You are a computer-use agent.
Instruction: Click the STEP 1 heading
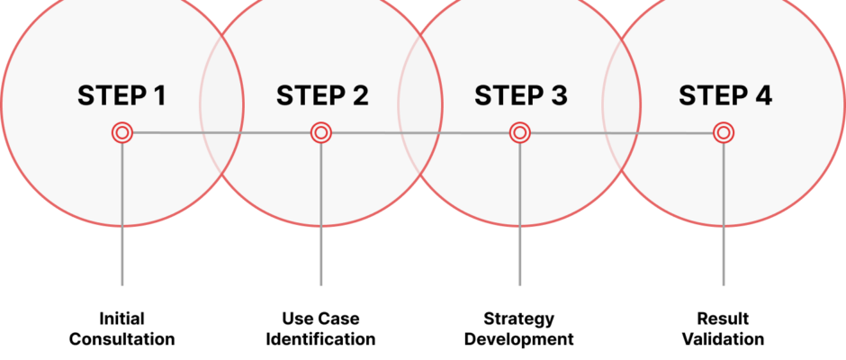tap(121, 95)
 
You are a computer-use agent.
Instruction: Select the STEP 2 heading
tap(322, 95)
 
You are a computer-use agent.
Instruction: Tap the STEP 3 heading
tap(521, 95)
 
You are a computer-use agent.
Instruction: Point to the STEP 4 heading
tap(725, 95)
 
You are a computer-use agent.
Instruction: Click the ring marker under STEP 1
tap(121, 132)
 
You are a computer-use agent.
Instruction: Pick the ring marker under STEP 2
tap(321, 132)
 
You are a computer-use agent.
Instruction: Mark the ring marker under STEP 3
tap(520, 132)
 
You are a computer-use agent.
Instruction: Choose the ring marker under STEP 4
tap(724, 132)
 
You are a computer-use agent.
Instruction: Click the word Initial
tap(121, 319)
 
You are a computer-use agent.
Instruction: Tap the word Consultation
tap(121, 339)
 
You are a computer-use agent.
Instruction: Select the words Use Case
tap(320, 319)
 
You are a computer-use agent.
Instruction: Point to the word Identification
tap(320, 339)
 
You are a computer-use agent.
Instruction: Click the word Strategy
tap(519, 319)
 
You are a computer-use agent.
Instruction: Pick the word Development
tap(519, 340)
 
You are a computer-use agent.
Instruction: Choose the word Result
tap(723, 319)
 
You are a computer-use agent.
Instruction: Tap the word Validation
tap(723, 339)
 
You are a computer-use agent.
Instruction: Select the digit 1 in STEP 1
tap(159, 95)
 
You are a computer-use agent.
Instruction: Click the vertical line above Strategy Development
tap(520, 214)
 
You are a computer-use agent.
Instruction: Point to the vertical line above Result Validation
tap(724, 214)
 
